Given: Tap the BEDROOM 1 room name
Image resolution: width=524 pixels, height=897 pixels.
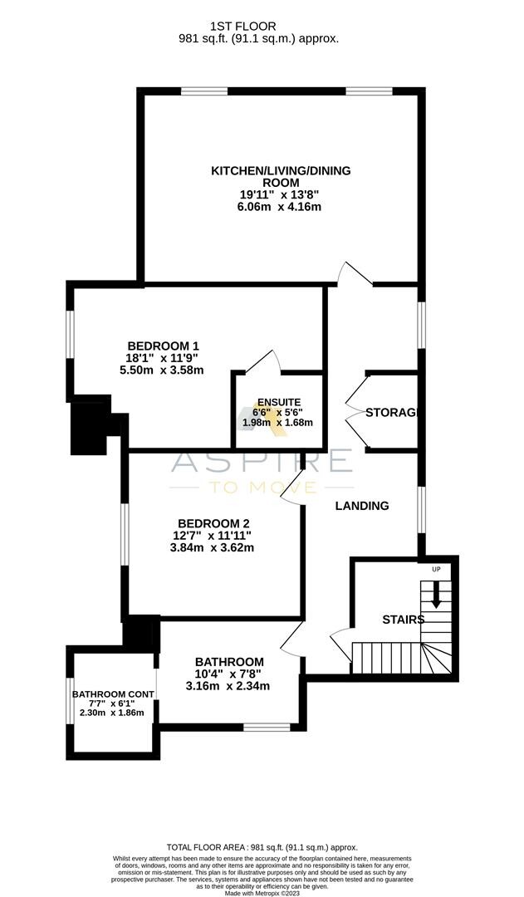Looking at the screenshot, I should pos(163,346).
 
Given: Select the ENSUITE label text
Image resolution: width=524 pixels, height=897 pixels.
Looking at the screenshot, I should pos(277,401).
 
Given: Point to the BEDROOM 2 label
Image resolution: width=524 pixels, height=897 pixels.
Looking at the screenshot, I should pos(213,522).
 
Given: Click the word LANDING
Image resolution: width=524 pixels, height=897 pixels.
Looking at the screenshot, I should pos(362,506).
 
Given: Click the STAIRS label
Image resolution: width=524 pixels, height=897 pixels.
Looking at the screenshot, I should pos(403,620).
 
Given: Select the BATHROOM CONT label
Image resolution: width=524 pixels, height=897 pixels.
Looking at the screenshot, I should pos(111,694).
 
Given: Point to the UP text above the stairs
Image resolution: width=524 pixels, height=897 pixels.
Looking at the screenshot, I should pos(435,569).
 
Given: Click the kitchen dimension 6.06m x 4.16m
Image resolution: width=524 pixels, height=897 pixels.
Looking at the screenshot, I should pos(279,207).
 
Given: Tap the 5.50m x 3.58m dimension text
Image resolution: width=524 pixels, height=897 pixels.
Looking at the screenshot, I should pos(163,370).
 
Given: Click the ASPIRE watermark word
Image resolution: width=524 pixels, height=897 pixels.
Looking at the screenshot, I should pos(262,460).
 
